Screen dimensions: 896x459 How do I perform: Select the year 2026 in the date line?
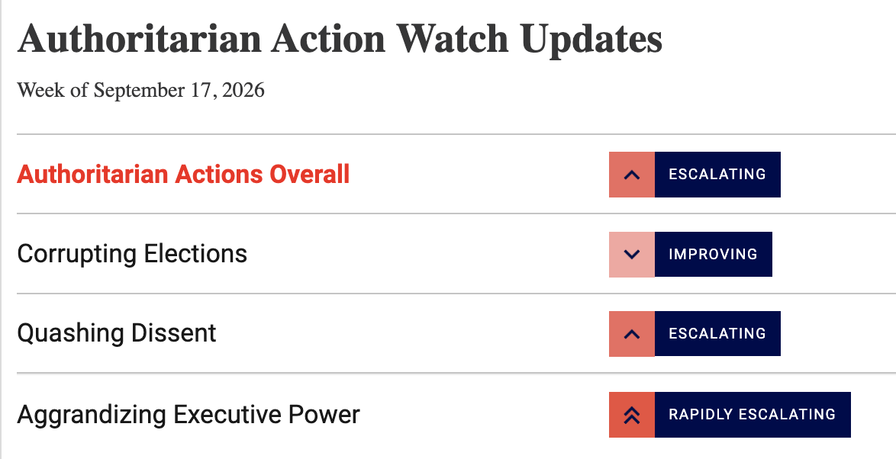(x=243, y=90)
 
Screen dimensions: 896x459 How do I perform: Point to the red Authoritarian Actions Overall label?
(x=183, y=174)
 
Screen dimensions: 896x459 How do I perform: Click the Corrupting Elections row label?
(x=132, y=254)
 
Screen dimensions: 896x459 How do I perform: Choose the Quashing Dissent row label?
(x=117, y=333)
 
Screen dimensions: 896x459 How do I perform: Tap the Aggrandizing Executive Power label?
(x=189, y=415)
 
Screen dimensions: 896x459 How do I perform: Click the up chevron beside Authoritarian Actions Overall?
(x=631, y=175)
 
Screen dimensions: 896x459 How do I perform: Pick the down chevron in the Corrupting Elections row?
(x=631, y=254)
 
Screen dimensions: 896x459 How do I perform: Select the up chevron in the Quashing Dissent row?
(x=631, y=334)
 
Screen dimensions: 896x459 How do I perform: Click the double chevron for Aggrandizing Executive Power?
(x=631, y=415)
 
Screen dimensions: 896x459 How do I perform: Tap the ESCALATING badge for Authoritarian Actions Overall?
(x=717, y=175)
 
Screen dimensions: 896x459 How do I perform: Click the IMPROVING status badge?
(x=714, y=254)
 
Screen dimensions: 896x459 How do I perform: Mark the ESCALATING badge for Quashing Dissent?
(x=717, y=334)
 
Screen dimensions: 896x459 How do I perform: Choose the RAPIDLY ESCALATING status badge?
(x=753, y=415)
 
